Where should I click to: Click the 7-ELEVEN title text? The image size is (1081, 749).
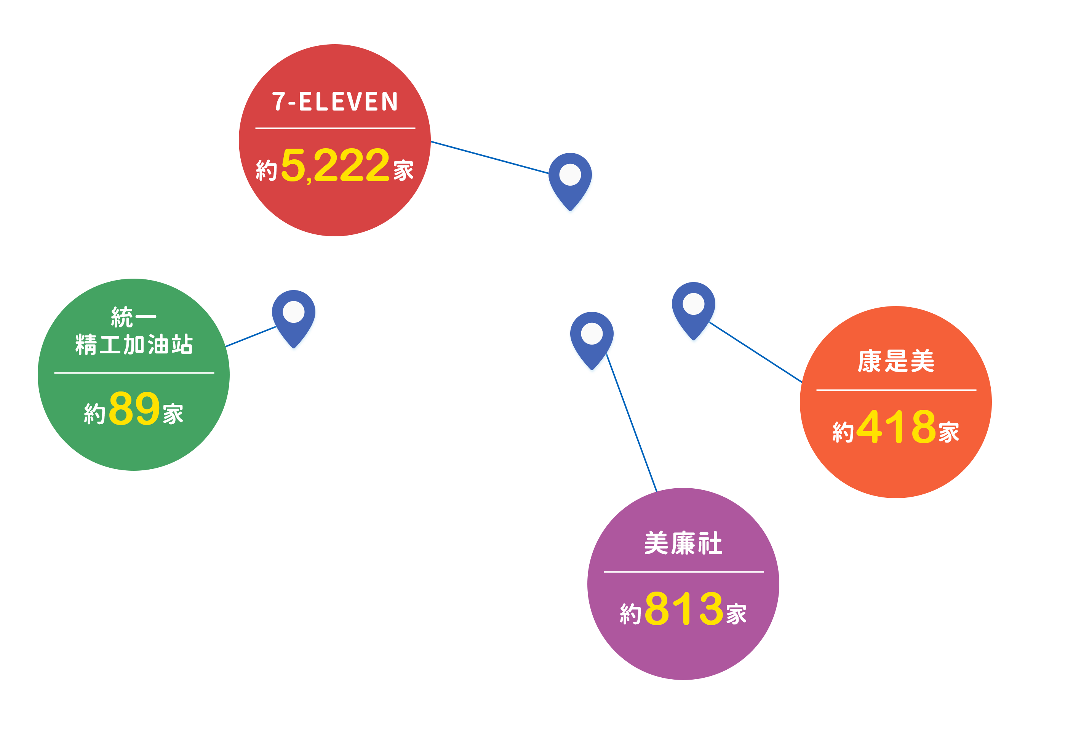(x=335, y=101)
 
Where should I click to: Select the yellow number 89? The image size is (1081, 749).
(x=134, y=408)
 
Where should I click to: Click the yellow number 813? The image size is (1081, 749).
(x=684, y=608)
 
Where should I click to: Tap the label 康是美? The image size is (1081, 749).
(x=896, y=361)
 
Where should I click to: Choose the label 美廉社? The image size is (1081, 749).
(x=683, y=543)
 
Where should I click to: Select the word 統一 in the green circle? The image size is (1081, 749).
(x=134, y=317)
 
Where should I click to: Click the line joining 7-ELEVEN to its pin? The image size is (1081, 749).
(x=489, y=157)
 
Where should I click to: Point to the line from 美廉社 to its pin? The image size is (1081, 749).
(x=631, y=422)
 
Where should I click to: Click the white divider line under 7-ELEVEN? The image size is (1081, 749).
(x=335, y=128)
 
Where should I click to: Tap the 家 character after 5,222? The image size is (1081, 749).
(x=403, y=170)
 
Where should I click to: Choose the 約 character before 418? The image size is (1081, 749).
(x=843, y=432)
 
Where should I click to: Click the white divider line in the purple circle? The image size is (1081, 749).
(x=683, y=572)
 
